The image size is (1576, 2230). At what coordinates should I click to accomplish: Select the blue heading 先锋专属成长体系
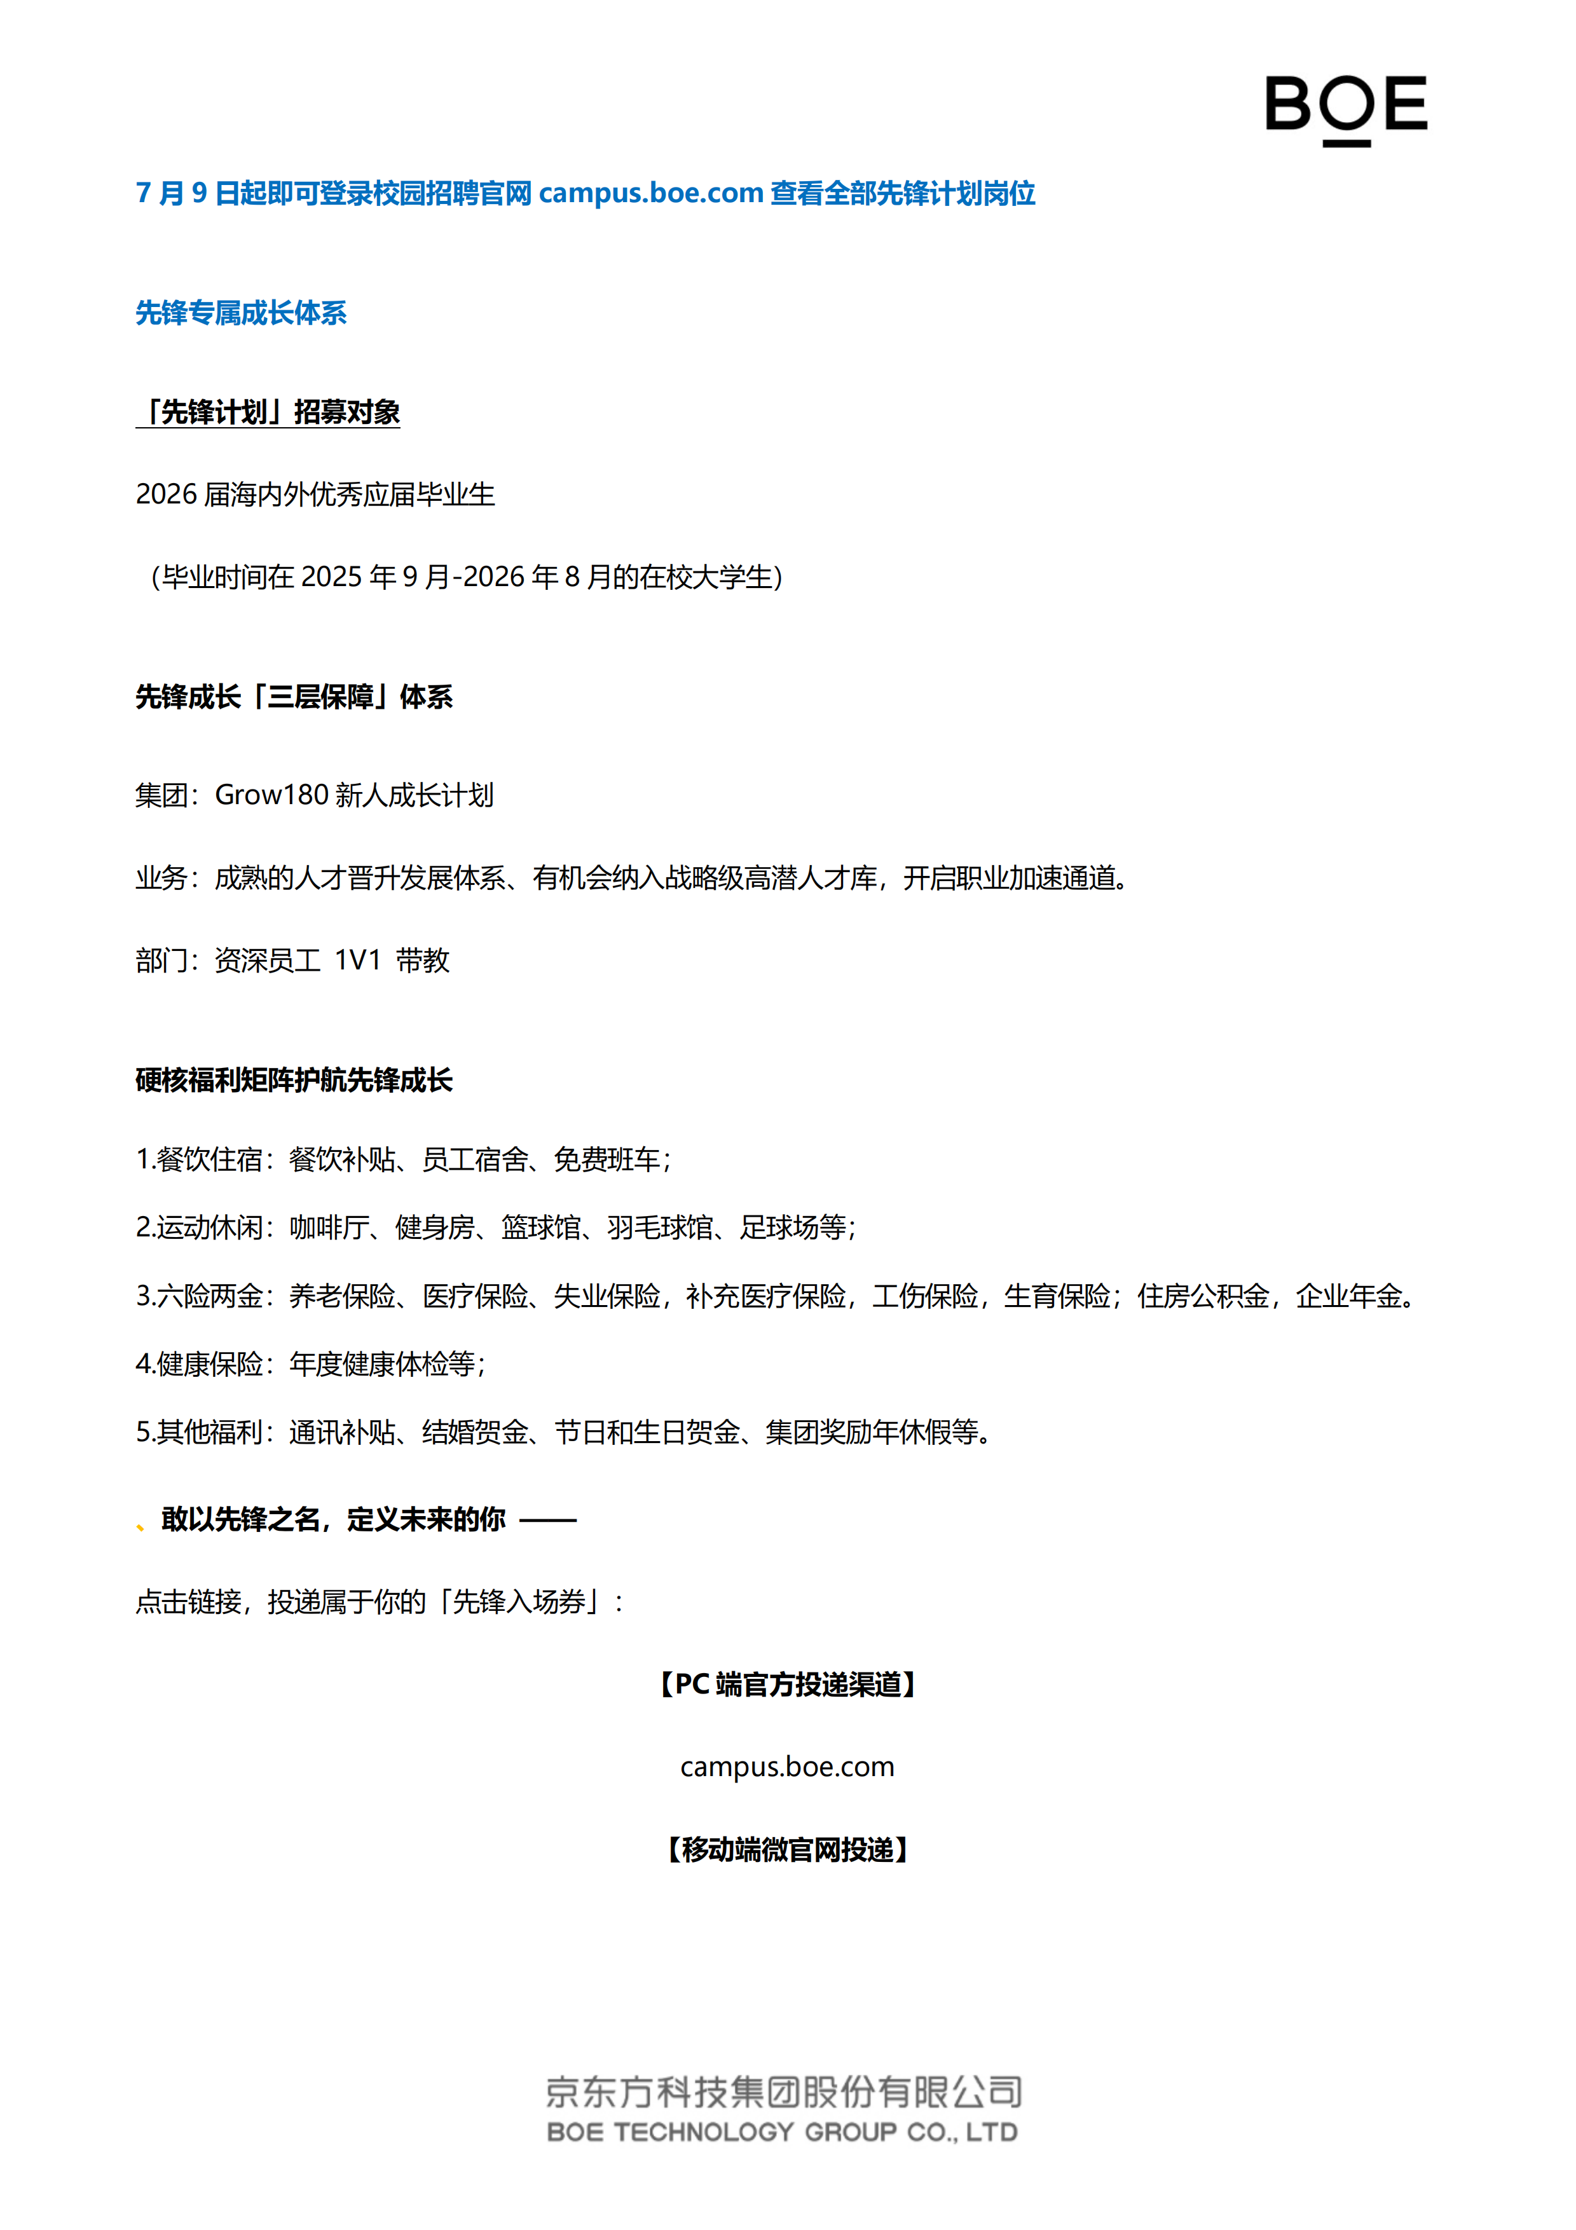241,313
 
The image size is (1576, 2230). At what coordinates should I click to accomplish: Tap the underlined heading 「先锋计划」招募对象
268,413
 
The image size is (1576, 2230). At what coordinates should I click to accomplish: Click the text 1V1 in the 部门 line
357,961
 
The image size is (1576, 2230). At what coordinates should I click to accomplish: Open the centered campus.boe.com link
788,1767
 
